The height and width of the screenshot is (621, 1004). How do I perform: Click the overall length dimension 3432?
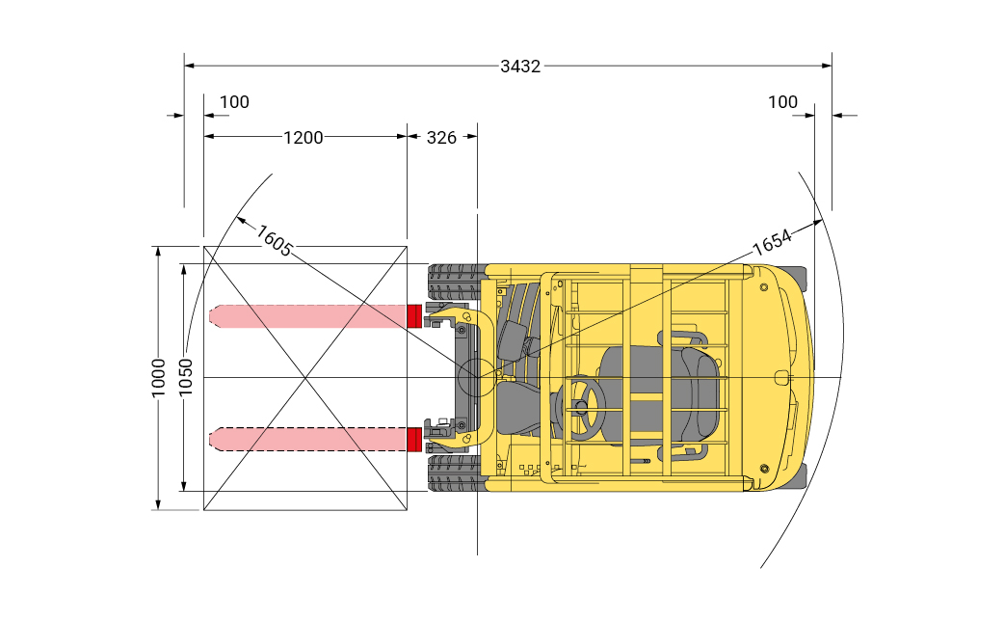[520, 66]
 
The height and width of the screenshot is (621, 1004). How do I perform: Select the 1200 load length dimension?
[304, 137]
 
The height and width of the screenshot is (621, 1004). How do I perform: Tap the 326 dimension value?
[442, 137]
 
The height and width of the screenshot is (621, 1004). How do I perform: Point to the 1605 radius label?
[274, 240]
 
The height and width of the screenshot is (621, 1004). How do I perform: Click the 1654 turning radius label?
[772, 241]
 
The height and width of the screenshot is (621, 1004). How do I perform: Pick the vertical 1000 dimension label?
[158, 377]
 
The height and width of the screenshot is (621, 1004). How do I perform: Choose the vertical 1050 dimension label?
[185, 377]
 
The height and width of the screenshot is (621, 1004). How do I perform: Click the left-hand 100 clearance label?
[234, 102]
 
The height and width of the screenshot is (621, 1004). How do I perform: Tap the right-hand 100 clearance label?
[782, 102]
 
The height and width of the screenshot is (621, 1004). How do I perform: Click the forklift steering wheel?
[581, 407]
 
